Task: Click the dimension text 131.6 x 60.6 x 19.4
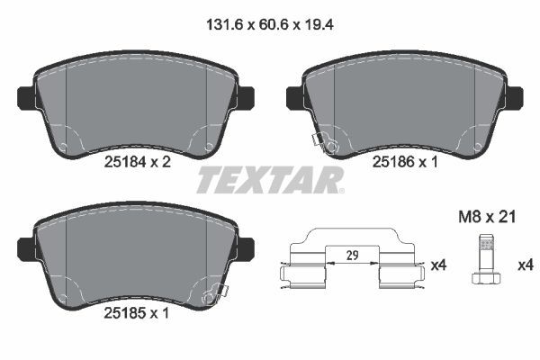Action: click(269, 28)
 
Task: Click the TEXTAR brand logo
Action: click(269, 180)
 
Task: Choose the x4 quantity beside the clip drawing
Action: click(438, 265)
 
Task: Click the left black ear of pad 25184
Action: click(25, 94)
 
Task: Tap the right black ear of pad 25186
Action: click(515, 94)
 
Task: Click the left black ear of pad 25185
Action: click(25, 245)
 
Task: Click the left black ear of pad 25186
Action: click(292, 94)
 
